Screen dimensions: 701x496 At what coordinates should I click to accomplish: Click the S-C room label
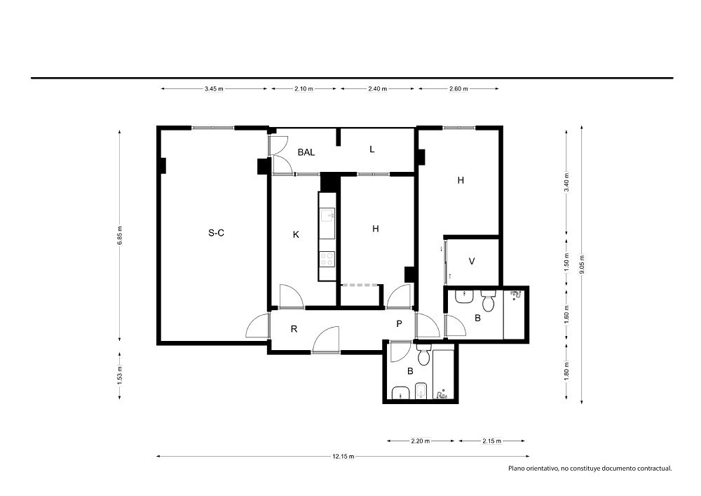click(217, 233)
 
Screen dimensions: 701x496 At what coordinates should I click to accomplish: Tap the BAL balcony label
click(306, 152)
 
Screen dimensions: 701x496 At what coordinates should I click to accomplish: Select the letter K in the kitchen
click(296, 234)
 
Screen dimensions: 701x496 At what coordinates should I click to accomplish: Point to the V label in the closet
click(472, 261)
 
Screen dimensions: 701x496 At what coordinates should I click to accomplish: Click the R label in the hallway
click(294, 329)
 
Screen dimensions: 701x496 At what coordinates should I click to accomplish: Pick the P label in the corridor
click(400, 324)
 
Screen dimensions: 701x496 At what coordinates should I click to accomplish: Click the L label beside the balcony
click(372, 149)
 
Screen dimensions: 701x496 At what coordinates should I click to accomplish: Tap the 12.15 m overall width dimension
click(343, 457)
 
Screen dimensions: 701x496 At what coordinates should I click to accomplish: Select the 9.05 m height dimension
click(582, 264)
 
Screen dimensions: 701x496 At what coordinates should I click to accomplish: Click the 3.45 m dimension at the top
click(214, 88)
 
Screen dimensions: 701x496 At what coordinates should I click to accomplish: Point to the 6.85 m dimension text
click(119, 236)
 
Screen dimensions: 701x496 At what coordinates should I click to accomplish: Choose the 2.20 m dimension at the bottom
click(420, 441)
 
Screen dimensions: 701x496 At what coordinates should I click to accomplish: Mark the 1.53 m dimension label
click(119, 375)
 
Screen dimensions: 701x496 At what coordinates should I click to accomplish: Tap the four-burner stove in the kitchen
click(327, 259)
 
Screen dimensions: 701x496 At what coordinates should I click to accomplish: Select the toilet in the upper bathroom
click(488, 300)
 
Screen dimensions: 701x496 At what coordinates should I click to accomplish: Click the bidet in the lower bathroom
click(421, 391)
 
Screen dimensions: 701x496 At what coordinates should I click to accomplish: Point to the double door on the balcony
click(280, 154)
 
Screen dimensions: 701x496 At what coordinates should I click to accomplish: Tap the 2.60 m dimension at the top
click(458, 88)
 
